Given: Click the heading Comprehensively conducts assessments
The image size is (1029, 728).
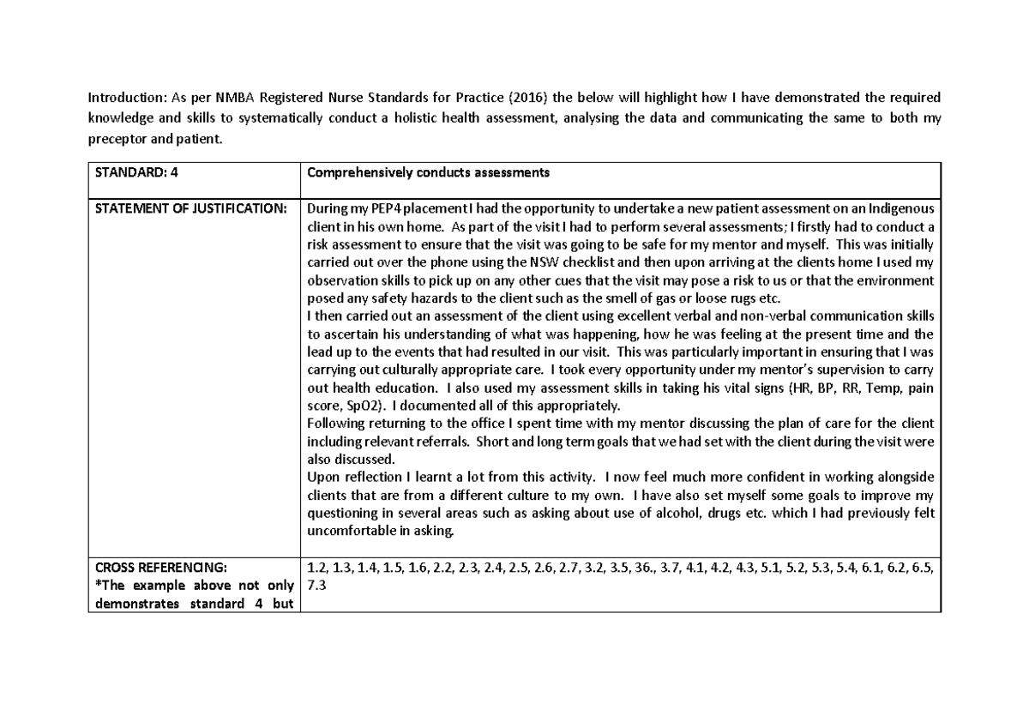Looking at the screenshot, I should click(x=428, y=172).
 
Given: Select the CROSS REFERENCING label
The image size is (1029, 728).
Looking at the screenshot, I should click(x=161, y=568).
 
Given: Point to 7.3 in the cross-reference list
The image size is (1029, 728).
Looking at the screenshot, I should click(x=316, y=585).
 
